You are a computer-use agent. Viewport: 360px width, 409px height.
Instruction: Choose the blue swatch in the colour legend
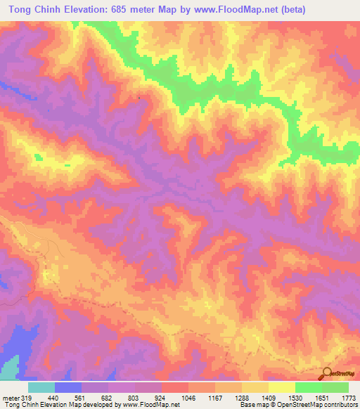68,387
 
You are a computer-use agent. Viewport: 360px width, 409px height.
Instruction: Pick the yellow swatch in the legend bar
282,387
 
